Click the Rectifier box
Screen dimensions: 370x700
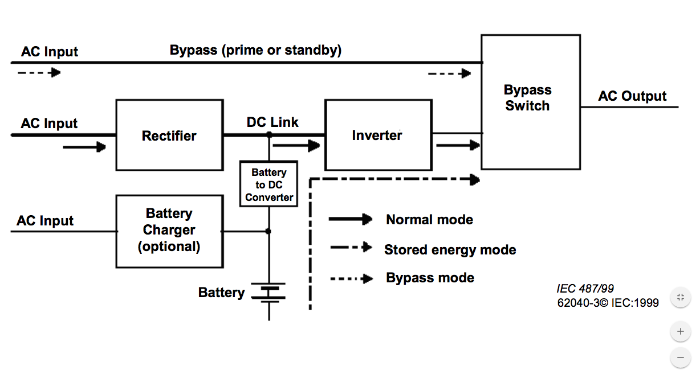pyautogui.click(x=169, y=135)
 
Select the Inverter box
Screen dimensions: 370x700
pyautogui.click(x=377, y=135)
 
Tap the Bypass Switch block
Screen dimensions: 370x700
pyautogui.click(x=530, y=101)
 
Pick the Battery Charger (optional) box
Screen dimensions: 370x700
pyautogui.click(x=169, y=231)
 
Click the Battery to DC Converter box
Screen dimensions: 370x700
pyautogui.click(x=269, y=184)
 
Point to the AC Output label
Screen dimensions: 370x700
pyautogui.click(x=632, y=96)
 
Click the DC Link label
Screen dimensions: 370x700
pyautogui.click(x=272, y=122)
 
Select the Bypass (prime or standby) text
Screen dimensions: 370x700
pyautogui.click(x=255, y=50)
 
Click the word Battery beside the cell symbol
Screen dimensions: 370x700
pyautogui.click(x=221, y=293)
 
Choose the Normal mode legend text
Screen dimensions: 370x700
pyautogui.click(x=429, y=220)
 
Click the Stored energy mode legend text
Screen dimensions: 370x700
pyautogui.click(x=450, y=249)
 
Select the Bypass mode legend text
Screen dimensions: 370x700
pyautogui.click(x=430, y=278)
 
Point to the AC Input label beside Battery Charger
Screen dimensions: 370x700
pyautogui.click(x=45, y=221)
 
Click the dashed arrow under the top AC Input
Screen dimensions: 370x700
pyautogui.click(x=39, y=73)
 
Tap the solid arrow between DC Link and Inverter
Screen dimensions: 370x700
pyautogui.click(x=296, y=146)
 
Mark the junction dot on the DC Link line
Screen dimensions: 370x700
pyautogui.click(x=269, y=135)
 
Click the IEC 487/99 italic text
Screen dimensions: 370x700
pyautogui.click(x=585, y=289)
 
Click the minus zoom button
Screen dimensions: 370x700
pyautogui.click(x=680, y=357)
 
